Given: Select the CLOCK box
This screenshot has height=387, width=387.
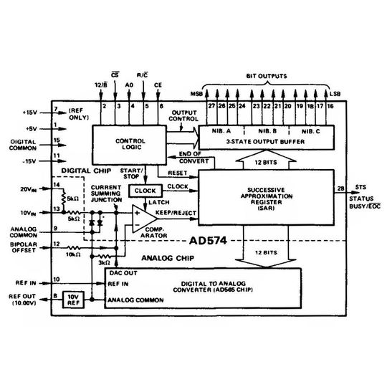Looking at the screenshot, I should (145, 191).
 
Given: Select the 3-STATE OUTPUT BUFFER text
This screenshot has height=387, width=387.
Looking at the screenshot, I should (269, 142).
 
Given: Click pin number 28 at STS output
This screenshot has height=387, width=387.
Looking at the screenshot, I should (338, 188).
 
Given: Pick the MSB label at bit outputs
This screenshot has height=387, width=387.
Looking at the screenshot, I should (195, 93).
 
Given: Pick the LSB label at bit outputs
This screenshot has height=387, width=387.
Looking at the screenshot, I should (335, 93).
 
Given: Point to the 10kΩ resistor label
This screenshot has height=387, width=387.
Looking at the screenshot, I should (73, 254).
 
